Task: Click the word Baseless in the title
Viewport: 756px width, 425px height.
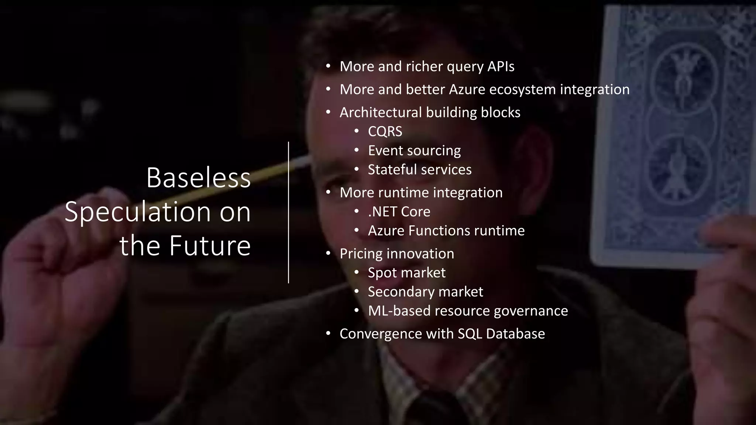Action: [x=198, y=178]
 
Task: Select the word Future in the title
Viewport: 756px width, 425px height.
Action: [x=210, y=246]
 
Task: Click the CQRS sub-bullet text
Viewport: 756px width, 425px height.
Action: [x=385, y=131]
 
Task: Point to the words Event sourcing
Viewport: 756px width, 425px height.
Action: [x=414, y=151]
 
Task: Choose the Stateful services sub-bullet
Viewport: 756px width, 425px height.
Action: [x=419, y=170]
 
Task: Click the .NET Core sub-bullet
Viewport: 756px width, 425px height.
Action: [x=399, y=211]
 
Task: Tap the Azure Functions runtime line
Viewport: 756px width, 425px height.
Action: [x=446, y=231]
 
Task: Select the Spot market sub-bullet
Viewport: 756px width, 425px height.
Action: [x=406, y=273]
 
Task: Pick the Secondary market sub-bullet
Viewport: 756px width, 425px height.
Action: [x=425, y=292]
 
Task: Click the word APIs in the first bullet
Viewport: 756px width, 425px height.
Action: [x=501, y=66]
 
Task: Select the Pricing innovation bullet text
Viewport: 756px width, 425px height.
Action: [x=396, y=253]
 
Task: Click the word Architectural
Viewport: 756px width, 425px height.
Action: [x=380, y=113]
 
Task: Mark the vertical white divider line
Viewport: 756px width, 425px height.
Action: [x=288, y=212]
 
